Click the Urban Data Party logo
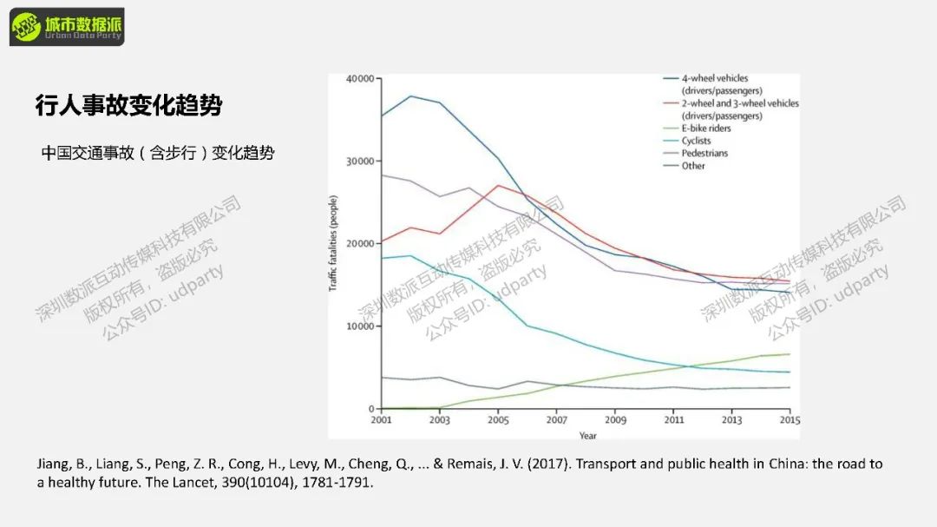[67, 27]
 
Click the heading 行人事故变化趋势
[128, 106]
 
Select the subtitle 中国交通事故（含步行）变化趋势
[158, 153]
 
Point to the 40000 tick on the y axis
[360, 79]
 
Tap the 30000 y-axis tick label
[360, 161]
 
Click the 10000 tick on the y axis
[360, 326]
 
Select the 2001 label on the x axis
[381, 420]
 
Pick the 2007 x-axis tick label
[556, 420]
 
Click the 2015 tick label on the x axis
[790, 420]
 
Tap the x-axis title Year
[587, 435]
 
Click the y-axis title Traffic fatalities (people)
[334, 244]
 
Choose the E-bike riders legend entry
[706, 128]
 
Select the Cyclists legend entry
[696, 141]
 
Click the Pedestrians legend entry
[704, 153]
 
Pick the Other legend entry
[693, 166]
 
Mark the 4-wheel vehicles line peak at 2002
[410, 96]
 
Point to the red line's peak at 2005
[498, 185]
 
